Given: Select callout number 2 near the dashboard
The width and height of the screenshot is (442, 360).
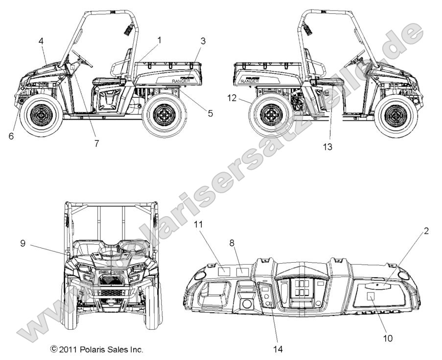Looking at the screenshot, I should click(x=426, y=231).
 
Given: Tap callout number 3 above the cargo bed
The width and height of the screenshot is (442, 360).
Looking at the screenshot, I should click(x=203, y=41).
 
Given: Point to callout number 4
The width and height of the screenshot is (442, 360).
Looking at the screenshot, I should click(x=41, y=42).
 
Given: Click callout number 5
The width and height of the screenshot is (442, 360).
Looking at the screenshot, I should click(x=210, y=113).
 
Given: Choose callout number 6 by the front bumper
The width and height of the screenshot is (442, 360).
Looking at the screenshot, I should click(x=11, y=136).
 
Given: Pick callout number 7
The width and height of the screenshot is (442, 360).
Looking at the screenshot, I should click(x=96, y=143).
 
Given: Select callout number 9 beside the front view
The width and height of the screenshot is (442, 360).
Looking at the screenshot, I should click(x=23, y=242).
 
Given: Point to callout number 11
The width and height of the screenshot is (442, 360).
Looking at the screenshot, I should click(x=198, y=225).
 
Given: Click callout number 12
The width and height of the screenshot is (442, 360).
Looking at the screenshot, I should click(x=232, y=98).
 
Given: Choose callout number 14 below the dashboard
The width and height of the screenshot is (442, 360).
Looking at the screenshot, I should click(x=279, y=349).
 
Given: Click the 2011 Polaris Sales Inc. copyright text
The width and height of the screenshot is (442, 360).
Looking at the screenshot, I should click(x=97, y=350).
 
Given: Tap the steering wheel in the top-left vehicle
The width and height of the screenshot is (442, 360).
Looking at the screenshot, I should click(x=82, y=57).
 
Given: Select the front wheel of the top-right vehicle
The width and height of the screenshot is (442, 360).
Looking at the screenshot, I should click(x=394, y=115).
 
